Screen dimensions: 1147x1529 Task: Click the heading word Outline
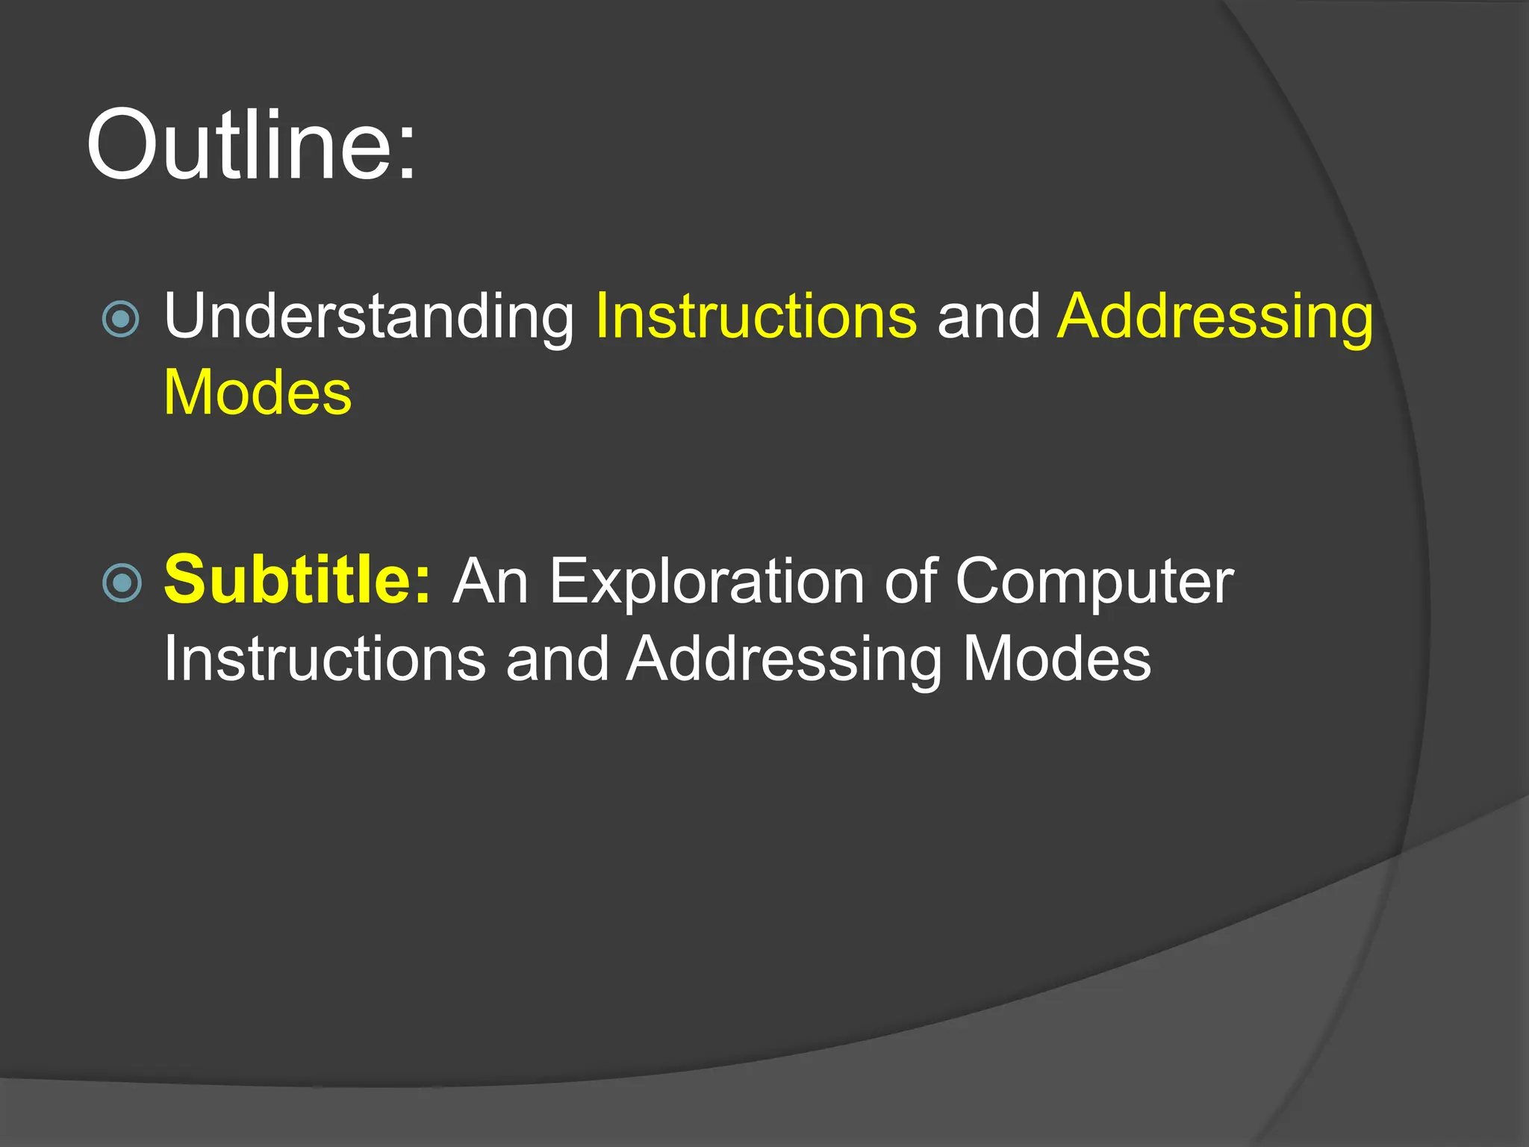click(x=239, y=146)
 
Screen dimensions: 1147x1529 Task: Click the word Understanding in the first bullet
click(x=369, y=317)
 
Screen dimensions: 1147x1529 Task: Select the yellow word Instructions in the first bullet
click(x=756, y=317)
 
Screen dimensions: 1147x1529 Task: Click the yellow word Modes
click(x=258, y=394)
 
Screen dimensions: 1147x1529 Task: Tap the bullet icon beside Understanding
click(x=121, y=319)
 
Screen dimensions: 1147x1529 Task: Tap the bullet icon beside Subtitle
click(x=122, y=582)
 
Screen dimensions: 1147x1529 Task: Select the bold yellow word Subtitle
click(x=287, y=580)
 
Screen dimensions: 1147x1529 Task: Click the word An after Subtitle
click(x=491, y=582)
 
